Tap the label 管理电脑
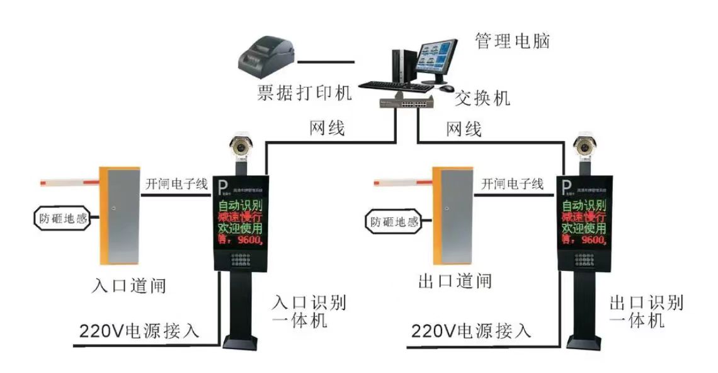coord(511,42)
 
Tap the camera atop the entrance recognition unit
coord(240,145)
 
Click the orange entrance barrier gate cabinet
coord(120,214)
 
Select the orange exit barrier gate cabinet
coord(453,214)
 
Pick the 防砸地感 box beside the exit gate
coord(394,221)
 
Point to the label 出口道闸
coord(455,281)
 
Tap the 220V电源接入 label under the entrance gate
coord(139,330)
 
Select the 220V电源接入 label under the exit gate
coord(471,330)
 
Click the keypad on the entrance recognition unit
coord(241,260)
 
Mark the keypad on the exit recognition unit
coord(584,260)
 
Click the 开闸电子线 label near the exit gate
coord(512,184)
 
